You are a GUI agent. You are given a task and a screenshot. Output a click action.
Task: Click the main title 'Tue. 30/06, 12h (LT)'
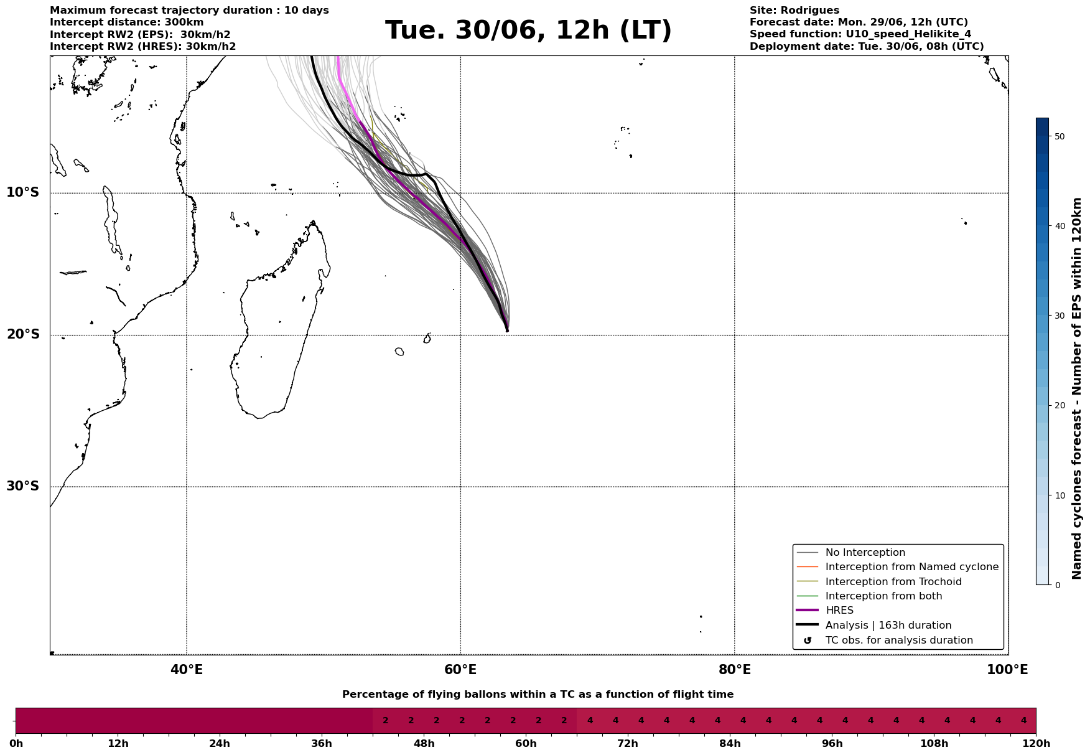click(x=528, y=30)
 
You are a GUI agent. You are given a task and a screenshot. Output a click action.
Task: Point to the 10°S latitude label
click(x=23, y=192)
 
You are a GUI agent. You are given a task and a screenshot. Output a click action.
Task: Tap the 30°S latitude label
click(x=23, y=486)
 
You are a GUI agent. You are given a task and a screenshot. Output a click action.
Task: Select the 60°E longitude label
click(x=460, y=670)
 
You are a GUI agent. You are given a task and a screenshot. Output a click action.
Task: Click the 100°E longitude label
click(x=1007, y=670)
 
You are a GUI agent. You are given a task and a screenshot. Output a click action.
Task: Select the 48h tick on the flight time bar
click(x=424, y=744)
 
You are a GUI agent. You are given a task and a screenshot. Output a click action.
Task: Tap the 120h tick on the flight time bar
click(x=1036, y=744)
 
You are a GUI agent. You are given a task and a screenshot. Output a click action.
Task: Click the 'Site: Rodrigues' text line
click(x=794, y=11)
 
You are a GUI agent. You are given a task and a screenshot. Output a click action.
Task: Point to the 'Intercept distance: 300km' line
click(x=127, y=22)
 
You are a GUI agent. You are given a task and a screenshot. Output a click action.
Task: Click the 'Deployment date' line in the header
click(x=867, y=47)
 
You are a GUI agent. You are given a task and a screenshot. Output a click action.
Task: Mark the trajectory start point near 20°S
click(x=507, y=331)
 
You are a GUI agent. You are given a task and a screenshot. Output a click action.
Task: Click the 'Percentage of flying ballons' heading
click(x=538, y=695)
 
